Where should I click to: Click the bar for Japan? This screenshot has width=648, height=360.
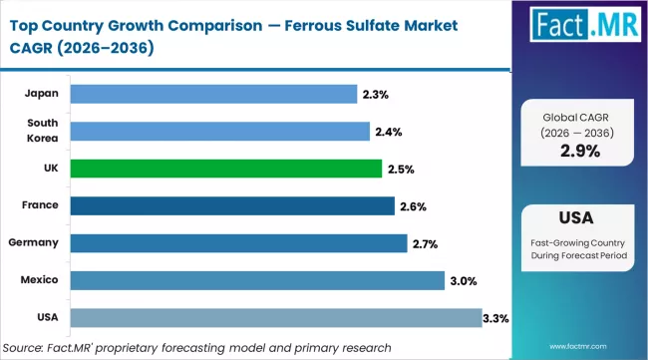tap(213, 94)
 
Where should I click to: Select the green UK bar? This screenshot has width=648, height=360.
tap(225, 169)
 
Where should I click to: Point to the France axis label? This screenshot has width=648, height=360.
tap(41, 205)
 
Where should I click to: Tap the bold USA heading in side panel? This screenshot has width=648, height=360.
tap(580, 216)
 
